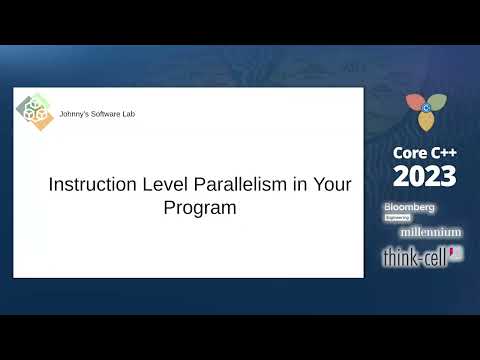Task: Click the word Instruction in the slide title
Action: pyautogui.click(x=87, y=186)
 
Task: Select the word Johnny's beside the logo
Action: pyautogui.click(x=75, y=114)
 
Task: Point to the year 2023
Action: pyautogui.click(x=424, y=177)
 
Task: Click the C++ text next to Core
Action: pyautogui.click(x=443, y=154)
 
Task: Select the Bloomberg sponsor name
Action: pyautogui.click(x=409, y=207)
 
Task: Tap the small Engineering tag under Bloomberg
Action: pyautogui.click(x=399, y=217)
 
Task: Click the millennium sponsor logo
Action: pyautogui.click(x=430, y=232)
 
